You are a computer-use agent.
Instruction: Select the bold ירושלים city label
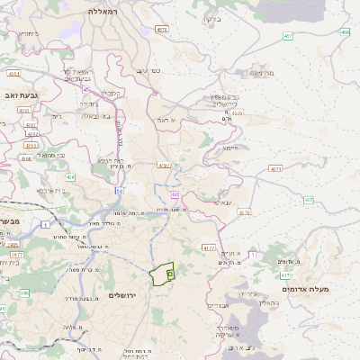tap(126, 295)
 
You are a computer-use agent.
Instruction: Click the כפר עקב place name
tap(142, 69)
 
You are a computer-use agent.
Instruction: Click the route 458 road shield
tap(345, 32)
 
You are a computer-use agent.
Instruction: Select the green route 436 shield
tap(69, 178)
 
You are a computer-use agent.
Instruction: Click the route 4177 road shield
tap(209, 247)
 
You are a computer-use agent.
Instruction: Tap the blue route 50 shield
tap(118, 191)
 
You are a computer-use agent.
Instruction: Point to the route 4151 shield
tap(13, 74)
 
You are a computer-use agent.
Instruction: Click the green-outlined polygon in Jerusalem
tap(162, 274)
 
